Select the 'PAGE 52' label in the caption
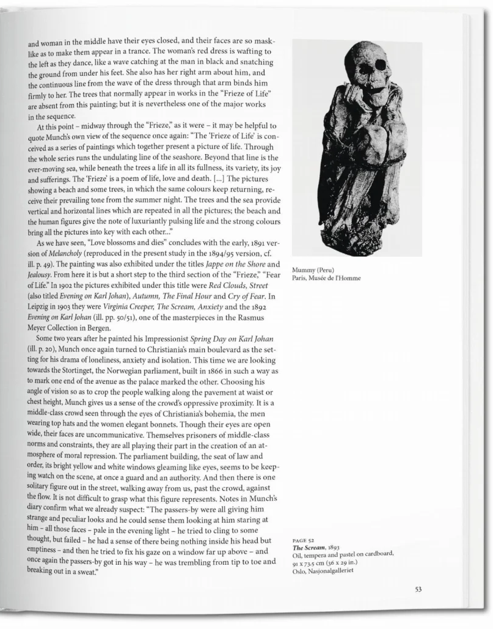tap(304, 540)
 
